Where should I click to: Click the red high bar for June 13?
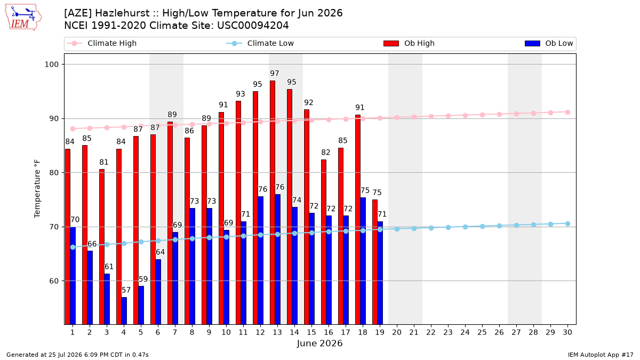[273, 202]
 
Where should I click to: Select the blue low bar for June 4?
[124, 311]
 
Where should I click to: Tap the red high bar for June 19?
[375, 262]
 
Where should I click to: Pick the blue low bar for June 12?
[261, 260]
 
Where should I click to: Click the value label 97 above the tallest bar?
[275, 74]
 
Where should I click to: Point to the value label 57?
[126, 290]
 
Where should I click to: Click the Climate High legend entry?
[102, 43]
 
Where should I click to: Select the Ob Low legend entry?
[549, 43]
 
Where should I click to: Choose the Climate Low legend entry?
[260, 43]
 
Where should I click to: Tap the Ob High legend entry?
[409, 43]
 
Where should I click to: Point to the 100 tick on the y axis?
[51, 65]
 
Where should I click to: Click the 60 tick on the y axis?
[54, 281]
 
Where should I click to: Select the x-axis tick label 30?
[567, 332]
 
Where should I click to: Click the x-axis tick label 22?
[431, 332]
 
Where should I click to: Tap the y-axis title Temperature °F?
[37, 189]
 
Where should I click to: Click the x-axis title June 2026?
[319, 343]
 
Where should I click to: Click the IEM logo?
[23, 18]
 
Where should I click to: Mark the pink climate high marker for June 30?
[567, 113]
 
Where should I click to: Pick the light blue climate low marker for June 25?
[482, 226]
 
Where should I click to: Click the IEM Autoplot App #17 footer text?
[601, 355]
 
